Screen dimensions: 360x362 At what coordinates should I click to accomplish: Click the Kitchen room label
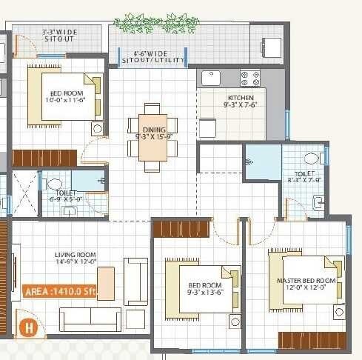[241, 101]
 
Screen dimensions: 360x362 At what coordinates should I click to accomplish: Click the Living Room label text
[76, 259]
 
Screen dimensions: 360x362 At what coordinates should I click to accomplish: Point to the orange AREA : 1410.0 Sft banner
[59, 291]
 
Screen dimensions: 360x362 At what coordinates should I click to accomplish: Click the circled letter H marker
[30, 325]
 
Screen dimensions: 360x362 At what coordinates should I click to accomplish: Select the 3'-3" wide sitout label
[60, 36]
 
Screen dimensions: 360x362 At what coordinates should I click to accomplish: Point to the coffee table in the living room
[106, 283]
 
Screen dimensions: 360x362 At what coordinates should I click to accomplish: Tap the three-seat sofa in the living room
[90, 319]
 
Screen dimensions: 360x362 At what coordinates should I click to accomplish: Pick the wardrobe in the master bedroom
[312, 340]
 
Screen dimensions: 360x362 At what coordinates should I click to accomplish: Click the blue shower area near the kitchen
[262, 162]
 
